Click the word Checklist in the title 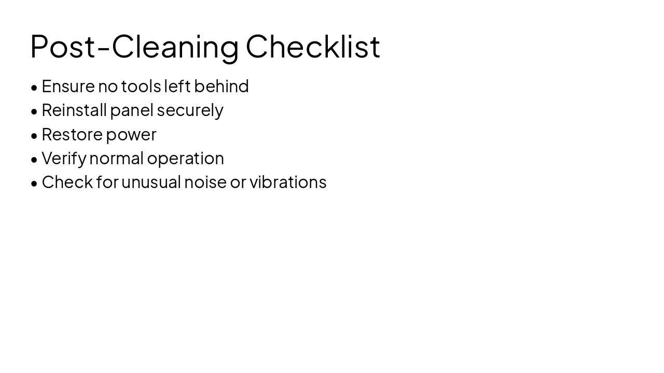pyautogui.click(x=313, y=46)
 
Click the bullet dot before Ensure pyautogui.click(x=34, y=88)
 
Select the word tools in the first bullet pyautogui.click(x=141, y=86)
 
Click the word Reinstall pyautogui.click(x=74, y=110)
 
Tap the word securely pyautogui.click(x=190, y=110)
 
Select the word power pyautogui.click(x=131, y=135)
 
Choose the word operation pyautogui.click(x=185, y=159)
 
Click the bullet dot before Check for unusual pyautogui.click(x=34, y=183)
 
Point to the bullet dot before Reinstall pyautogui.click(x=34, y=111)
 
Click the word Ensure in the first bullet pyautogui.click(x=68, y=86)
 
